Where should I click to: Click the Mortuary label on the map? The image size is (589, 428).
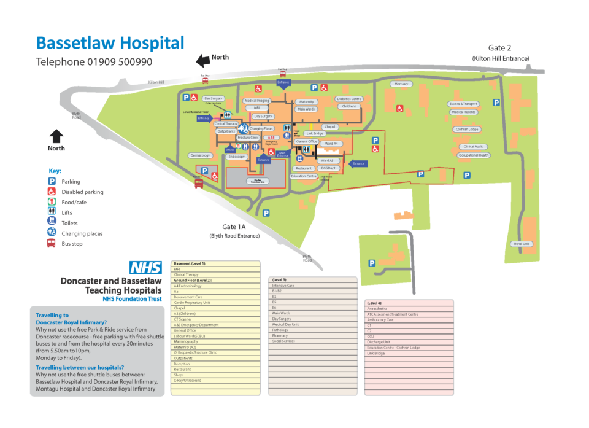(401, 84)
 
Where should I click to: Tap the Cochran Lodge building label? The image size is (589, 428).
(466, 130)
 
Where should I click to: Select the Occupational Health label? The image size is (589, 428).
(474, 155)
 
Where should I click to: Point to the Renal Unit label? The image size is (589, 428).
(521, 244)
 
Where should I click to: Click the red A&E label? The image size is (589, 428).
(271, 138)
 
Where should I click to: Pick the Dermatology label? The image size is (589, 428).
(200, 155)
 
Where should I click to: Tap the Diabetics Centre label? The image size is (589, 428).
(349, 99)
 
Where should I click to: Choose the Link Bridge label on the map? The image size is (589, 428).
(315, 133)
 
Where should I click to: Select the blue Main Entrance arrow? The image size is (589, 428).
(283, 154)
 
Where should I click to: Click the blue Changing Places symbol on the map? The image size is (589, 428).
(244, 128)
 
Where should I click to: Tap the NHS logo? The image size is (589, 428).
(145, 268)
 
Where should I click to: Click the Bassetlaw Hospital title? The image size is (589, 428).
(110, 43)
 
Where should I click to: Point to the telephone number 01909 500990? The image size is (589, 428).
(120, 61)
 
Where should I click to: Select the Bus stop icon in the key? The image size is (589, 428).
(52, 244)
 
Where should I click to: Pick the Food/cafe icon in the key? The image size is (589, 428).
(52, 202)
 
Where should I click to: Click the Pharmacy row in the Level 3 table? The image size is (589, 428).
(280, 336)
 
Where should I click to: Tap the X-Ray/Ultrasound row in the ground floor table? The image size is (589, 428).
(188, 381)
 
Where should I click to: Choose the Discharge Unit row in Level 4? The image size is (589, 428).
(378, 342)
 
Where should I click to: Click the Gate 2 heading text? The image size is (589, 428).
(499, 48)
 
